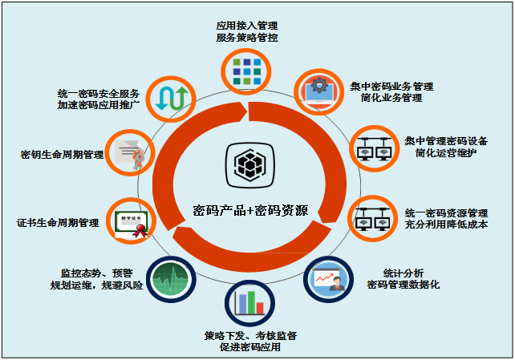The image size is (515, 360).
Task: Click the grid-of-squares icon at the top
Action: pos(247,71)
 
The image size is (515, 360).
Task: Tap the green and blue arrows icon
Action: pos(173,95)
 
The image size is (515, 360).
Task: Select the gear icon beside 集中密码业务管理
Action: pos(318,91)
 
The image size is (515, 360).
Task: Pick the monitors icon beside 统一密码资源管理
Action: pos(371,217)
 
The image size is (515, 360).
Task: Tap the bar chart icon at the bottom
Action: pos(247,303)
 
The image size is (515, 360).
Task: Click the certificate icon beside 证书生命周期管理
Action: pos(131,221)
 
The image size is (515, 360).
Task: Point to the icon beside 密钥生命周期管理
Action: pos(129,152)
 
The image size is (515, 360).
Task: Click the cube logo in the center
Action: pos(247,164)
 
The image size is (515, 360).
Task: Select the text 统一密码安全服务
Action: pos(100,92)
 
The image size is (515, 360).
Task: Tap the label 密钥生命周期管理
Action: pos(63,153)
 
